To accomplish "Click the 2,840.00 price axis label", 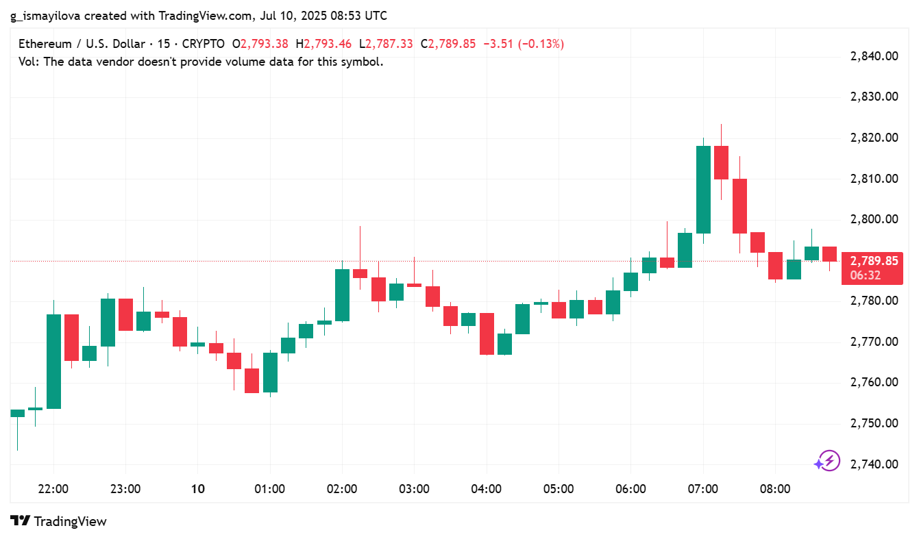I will pyautogui.click(x=874, y=56).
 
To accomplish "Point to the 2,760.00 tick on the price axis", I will pyautogui.click(x=874, y=383).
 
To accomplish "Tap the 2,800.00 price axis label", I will pyautogui.click(x=874, y=220).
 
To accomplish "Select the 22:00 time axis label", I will pyautogui.click(x=53, y=489).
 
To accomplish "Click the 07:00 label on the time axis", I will pyautogui.click(x=703, y=489).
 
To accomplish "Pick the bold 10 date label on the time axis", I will pyautogui.click(x=197, y=489).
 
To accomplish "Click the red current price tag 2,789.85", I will pyautogui.click(x=873, y=261).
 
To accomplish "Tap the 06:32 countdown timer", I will pyautogui.click(x=866, y=275).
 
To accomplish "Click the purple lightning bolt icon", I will pyautogui.click(x=828, y=461).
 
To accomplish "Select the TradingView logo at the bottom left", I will pyautogui.click(x=59, y=521).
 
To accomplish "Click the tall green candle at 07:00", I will pyautogui.click(x=703, y=189).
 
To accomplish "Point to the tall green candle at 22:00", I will pyautogui.click(x=53, y=361).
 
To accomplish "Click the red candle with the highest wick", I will pyautogui.click(x=721, y=162).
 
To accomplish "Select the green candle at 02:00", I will pyautogui.click(x=342, y=294).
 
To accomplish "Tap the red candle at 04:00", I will pyautogui.click(x=487, y=334).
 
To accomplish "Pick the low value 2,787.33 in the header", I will pyautogui.click(x=389, y=44).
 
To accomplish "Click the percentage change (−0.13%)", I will pyautogui.click(x=542, y=44).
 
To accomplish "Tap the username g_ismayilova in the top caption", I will pyautogui.click(x=45, y=15).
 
